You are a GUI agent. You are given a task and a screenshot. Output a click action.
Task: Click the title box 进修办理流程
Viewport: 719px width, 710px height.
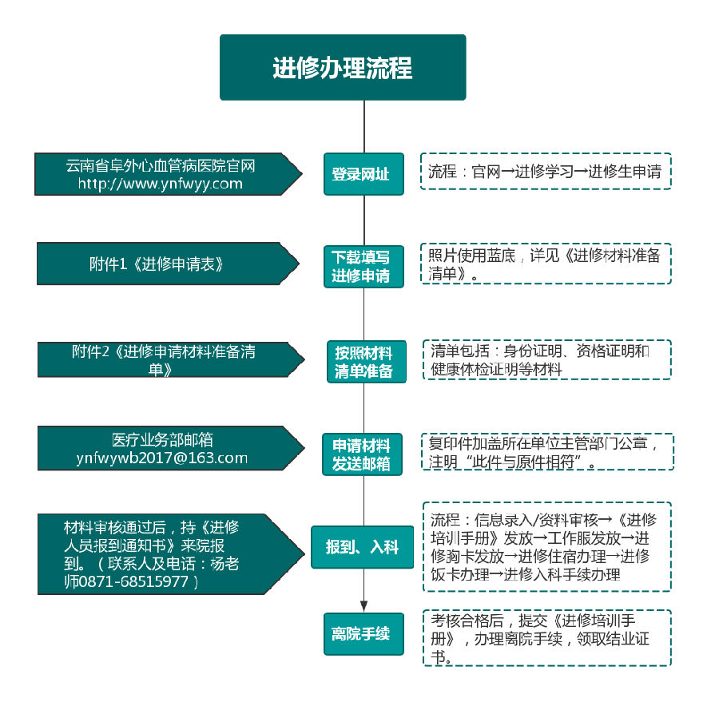click(x=343, y=67)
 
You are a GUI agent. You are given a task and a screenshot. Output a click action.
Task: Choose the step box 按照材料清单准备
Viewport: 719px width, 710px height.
click(x=366, y=362)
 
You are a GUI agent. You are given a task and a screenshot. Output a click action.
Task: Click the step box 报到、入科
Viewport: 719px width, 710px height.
click(x=363, y=547)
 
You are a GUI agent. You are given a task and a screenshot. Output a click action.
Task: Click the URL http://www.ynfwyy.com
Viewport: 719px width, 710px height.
click(x=160, y=184)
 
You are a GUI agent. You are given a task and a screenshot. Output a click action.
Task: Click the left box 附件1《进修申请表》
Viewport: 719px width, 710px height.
click(x=157, y=264)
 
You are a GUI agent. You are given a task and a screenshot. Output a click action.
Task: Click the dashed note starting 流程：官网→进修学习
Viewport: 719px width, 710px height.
click(x=546, y=171)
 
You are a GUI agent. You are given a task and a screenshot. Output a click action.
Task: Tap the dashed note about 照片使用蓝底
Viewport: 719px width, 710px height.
click(x=546, y=264)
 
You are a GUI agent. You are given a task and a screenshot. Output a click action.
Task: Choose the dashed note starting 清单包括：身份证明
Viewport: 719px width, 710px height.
click(x=546, y=359)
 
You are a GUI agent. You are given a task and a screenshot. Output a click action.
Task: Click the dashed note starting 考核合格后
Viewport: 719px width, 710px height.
click(x=546, y=637)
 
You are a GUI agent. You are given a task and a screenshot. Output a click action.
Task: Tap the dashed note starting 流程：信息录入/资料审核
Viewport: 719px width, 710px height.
click(x=546, y=546)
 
